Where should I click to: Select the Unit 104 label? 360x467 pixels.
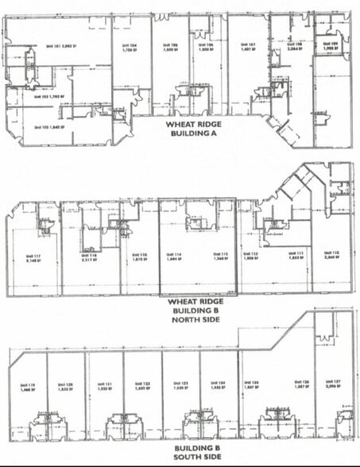click(131, 48)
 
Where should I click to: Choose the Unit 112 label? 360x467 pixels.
click(251, 256)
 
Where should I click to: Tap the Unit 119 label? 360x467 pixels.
click(27, 386)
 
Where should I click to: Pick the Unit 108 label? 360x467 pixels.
click(292, 46)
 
